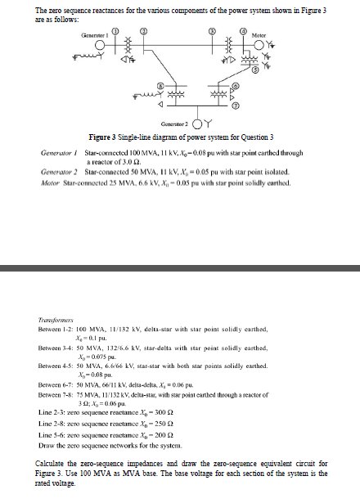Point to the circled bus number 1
[x=115, y=30]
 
